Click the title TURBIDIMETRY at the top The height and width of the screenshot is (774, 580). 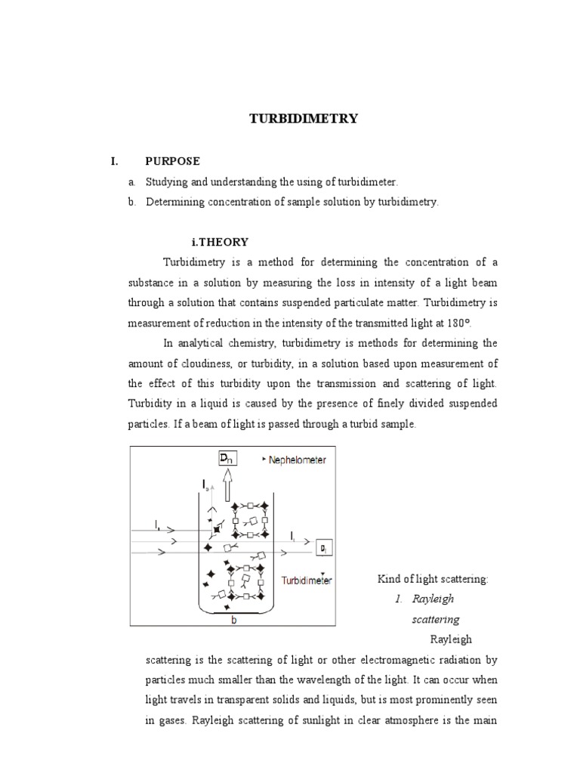coord(304,119)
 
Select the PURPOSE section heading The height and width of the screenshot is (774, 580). coord(173,162)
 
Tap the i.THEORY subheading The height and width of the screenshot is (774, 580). coord(220,242)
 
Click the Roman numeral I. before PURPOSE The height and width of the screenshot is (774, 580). coord(115,162)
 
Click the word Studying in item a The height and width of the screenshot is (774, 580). coord(166,182)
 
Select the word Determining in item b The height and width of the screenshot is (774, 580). coord(174,203)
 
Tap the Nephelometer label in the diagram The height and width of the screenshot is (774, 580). coord(296,460)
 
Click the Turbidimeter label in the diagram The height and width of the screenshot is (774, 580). coord(307,581)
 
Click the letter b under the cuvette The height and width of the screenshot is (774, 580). coord(233,619)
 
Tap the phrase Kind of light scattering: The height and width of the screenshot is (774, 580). coord(433,579)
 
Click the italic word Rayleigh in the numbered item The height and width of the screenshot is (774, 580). coord(432,599)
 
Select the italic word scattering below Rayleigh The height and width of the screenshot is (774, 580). coord(435,620)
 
